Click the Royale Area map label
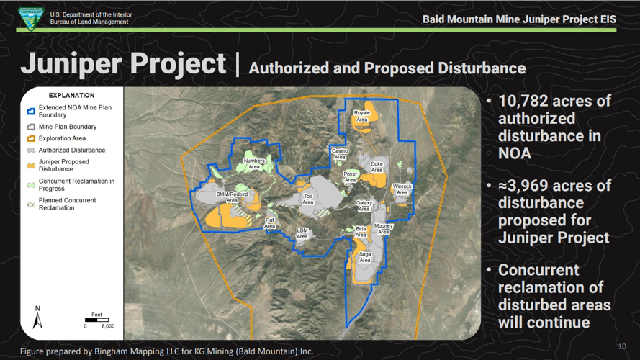click(361, 116)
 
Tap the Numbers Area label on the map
click(254, 163)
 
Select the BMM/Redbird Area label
click(232, 197)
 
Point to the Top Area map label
click(308, 199)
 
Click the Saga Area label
click(365, 257)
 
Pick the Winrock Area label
click(402, 189)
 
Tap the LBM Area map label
click(302, 233)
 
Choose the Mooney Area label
click(384, 229)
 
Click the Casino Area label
click(340, 154)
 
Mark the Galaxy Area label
click(364, 206)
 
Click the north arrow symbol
click(38, 317)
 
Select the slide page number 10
click(622, 347)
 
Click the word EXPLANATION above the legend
click(71, 95)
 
